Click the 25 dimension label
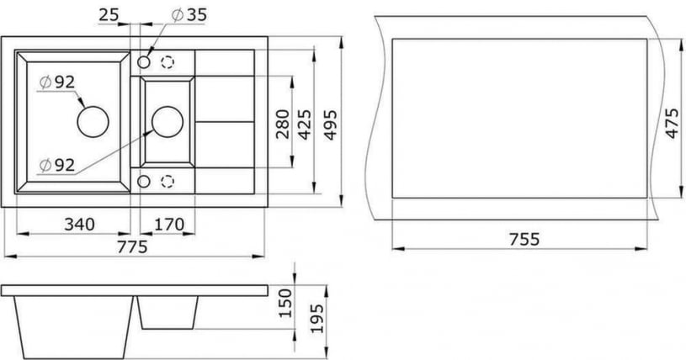109,14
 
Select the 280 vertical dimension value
283,123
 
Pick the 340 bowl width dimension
77,225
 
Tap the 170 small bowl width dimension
168,225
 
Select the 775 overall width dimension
132,246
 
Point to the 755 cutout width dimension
523,239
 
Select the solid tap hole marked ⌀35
144,63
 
